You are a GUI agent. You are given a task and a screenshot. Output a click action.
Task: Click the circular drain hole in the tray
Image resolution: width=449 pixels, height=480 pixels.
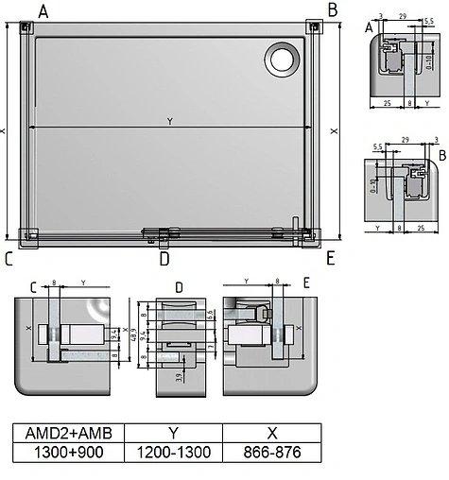(x=282, y=60)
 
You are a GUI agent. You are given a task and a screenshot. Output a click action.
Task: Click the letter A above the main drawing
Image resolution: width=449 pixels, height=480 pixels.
(x=43, y=10)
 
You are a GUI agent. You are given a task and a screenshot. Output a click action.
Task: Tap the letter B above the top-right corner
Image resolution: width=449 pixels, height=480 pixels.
(x=332, y=9)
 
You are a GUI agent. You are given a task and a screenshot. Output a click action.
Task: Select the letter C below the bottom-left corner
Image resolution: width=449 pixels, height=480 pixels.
(x=9, y=257)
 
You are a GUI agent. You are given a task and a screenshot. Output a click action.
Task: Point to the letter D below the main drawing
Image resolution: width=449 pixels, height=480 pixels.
(x=164, y=258)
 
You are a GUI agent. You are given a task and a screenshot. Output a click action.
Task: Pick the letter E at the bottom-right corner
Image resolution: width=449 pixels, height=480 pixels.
(x=330, y=257)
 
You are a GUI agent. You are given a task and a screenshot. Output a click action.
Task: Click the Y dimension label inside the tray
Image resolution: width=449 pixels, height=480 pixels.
(x=169, y=121)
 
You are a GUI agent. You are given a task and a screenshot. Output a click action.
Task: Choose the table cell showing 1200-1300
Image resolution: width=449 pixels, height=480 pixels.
(x=175, y=453)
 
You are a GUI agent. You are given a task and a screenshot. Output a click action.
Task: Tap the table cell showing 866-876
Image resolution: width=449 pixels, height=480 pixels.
(x=272, y=453)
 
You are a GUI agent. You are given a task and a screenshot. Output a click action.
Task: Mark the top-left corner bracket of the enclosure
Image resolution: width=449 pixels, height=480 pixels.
(x=26, y=28)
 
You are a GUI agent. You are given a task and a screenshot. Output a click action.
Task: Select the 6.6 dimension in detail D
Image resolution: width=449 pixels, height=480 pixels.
(x=211, y=314)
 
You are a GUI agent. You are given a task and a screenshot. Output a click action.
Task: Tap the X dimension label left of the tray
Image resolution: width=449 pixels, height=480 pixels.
(x=5, y=131)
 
